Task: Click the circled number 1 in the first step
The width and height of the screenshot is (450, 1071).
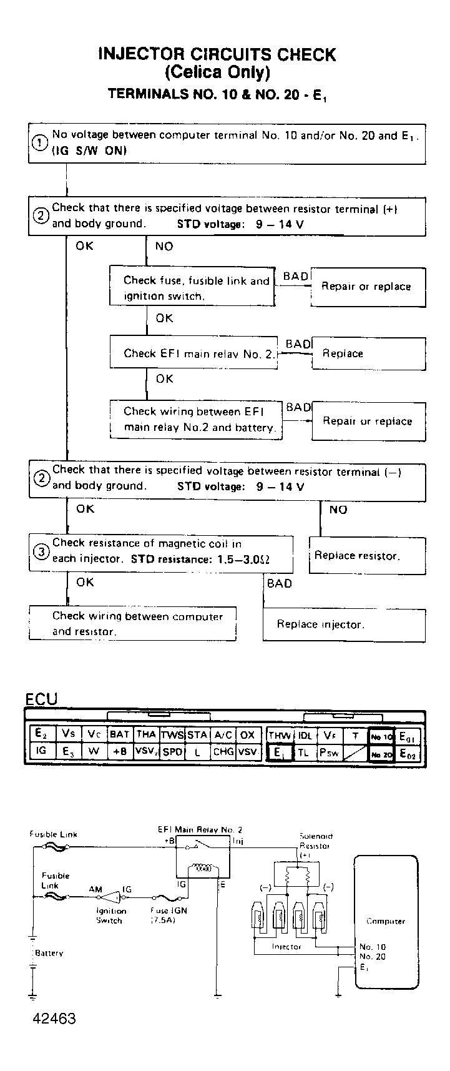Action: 39,143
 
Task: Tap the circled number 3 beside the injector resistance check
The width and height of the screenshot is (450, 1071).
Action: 41,552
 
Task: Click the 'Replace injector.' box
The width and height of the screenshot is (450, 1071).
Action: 344,624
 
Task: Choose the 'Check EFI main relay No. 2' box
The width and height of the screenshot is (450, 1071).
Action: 193,353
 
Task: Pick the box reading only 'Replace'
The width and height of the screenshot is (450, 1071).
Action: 368,353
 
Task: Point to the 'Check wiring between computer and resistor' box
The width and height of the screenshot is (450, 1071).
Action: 133,623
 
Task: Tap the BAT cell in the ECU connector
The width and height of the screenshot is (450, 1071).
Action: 120,734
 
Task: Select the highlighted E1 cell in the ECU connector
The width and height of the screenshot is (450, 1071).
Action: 278,753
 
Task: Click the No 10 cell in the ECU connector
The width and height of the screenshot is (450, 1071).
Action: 381,736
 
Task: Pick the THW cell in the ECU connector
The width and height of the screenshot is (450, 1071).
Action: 279,735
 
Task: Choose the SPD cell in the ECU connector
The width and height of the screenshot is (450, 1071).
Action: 172,753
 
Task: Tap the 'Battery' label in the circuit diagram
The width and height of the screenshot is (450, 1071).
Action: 49,954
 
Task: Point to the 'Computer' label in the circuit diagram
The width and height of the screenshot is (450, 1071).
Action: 386,921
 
